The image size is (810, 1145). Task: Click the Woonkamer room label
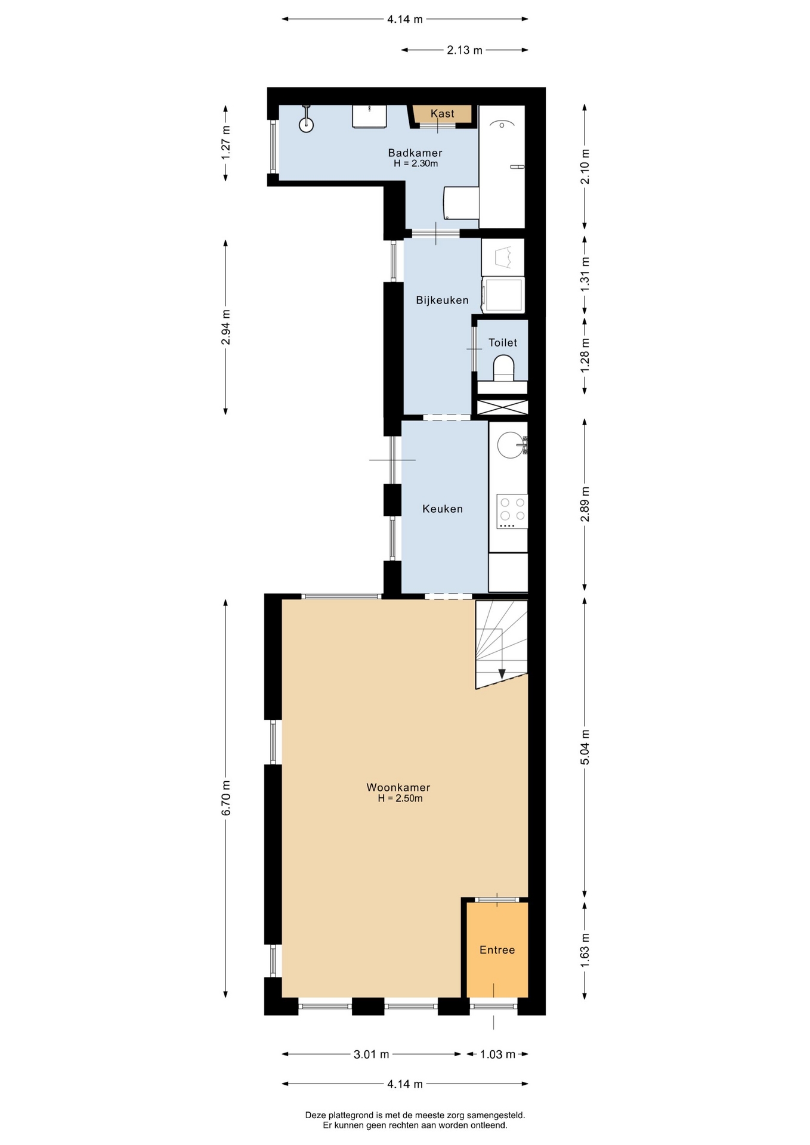(398, 787)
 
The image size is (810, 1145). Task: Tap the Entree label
(497, 950)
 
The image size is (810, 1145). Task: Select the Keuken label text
(443, 509)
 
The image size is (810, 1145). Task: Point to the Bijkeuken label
(442, 300)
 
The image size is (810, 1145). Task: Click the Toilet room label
(503, 342)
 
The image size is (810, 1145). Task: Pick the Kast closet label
(442, 113)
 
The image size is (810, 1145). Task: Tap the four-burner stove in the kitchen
(512, 511)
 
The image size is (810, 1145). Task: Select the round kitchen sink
(510, 445)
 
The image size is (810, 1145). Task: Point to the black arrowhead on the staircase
(502, 673)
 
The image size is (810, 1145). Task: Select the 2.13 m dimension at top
(465, 50)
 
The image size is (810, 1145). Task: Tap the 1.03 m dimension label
(497, 1054)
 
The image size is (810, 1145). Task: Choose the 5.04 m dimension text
(585, 747)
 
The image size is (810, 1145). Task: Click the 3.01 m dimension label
(371, 1054)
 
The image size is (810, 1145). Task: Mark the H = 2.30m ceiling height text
(416, 163)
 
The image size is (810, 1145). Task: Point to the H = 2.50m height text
(400, 799)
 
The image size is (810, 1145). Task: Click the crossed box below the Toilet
(502, 407)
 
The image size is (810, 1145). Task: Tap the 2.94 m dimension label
(225, 327)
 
